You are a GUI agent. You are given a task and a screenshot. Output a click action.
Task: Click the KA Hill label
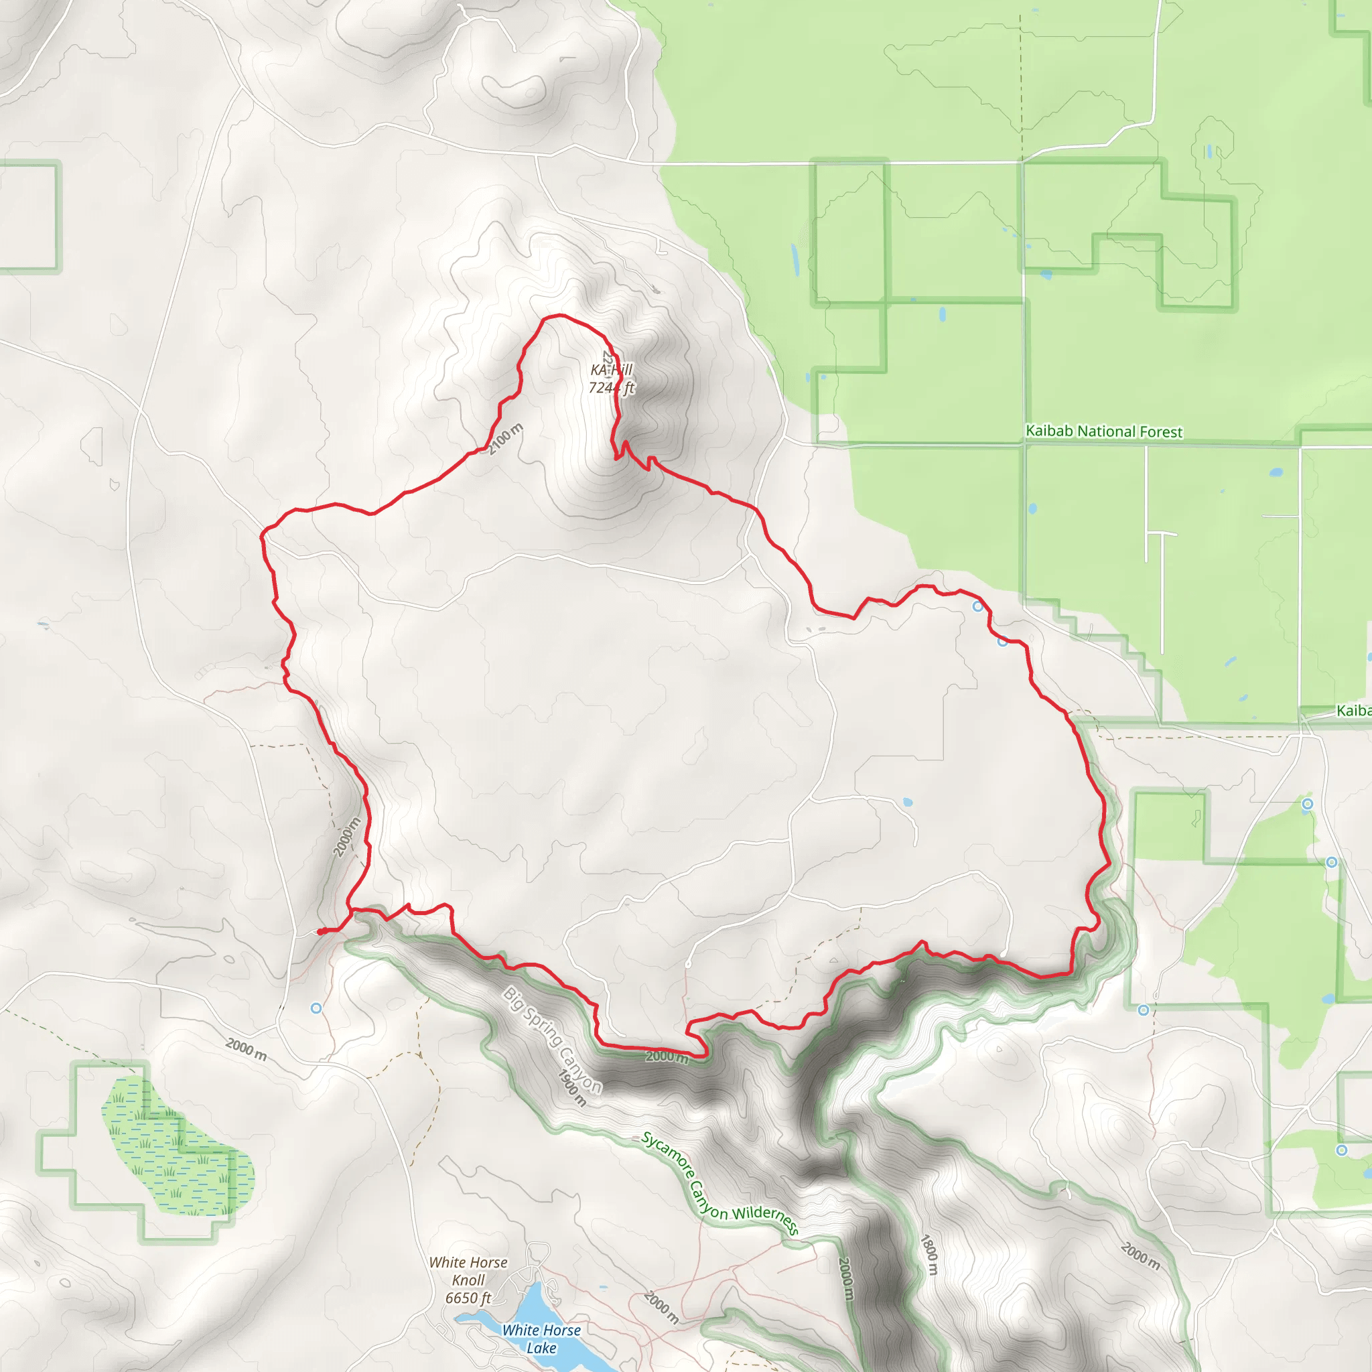(611, 370)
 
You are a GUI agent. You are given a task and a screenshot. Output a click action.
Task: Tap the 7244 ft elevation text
(611, 388)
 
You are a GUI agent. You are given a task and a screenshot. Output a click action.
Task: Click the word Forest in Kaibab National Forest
(1160, 432)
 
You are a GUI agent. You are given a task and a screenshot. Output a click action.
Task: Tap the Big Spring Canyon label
(552, 1040)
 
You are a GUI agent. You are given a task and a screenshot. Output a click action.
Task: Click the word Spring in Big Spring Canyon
(546, 1033)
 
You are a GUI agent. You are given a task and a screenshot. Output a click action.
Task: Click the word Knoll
(468, 1280)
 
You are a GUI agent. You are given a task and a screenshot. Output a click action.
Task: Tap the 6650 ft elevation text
(468, 1298)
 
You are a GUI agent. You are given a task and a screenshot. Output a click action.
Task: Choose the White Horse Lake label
(541, 1339)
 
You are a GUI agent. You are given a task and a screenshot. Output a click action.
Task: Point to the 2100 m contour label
(506, 438)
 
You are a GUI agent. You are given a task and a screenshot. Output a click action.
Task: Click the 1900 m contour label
(572, 1088)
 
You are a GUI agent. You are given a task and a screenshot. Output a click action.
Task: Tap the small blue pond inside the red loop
(908, 803)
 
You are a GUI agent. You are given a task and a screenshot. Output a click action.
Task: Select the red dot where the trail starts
(321, 932)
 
